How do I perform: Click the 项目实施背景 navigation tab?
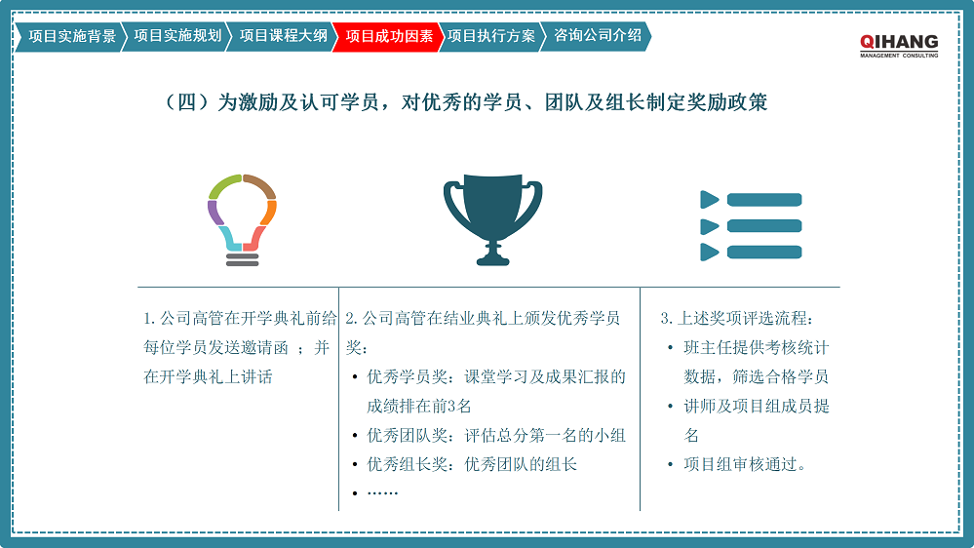coord(72,37)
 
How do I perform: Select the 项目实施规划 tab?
coord(177,37)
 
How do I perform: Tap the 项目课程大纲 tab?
coord(283,37)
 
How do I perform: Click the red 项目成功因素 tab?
coord(389,37)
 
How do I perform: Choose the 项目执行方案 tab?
coord(491,37)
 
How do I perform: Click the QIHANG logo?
coord(898,44)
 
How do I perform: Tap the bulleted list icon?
coord(751,225)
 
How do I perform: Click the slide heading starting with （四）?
coord(467,102)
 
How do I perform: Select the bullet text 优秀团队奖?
coord(496,435)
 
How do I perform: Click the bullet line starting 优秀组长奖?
coord(472,464)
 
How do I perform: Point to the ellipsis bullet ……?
coord(382,492)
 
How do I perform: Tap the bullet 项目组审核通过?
coord(745,464)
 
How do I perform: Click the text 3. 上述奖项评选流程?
coord(736,318)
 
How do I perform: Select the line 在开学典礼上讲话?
coord(208,376)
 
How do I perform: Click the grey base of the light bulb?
coord(243,258)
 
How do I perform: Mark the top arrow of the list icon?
coord(710,200)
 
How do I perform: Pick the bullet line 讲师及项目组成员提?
coord(756,406)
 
